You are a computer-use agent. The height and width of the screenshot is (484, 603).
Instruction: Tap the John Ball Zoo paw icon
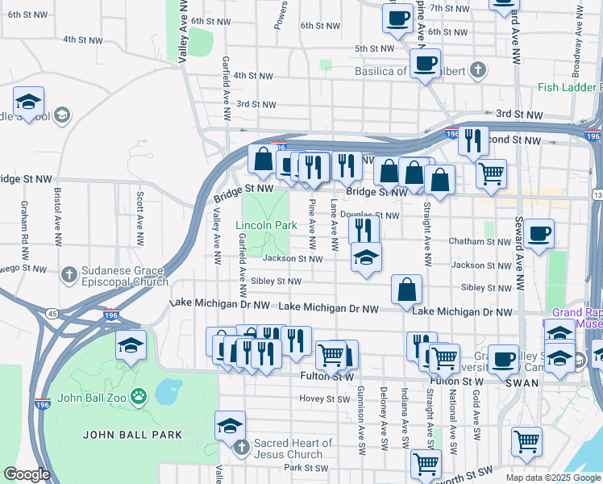tap(139, 397)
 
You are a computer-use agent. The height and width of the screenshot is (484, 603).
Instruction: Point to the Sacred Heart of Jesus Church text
tap(293, 449)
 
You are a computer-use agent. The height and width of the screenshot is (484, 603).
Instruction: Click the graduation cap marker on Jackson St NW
tap(366, 257)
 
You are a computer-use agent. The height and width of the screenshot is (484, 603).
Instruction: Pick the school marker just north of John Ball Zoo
tap(131, 345)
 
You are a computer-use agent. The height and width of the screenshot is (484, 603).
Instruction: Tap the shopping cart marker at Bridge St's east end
tap(491, 172)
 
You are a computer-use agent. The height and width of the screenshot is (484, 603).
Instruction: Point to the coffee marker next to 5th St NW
tap(425, 62)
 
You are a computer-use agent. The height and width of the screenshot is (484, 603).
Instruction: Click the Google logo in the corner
tap(27, 475)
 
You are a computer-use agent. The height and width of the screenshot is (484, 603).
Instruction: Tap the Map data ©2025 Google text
tap(552, 477)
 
